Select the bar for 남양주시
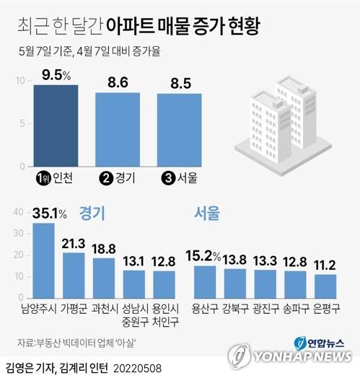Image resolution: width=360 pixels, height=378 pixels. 44,260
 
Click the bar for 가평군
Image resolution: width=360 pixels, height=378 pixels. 74,275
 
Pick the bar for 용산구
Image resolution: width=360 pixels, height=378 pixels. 205,281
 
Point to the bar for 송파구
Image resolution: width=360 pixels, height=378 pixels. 295,283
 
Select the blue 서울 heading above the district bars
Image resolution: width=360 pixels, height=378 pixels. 207,214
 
